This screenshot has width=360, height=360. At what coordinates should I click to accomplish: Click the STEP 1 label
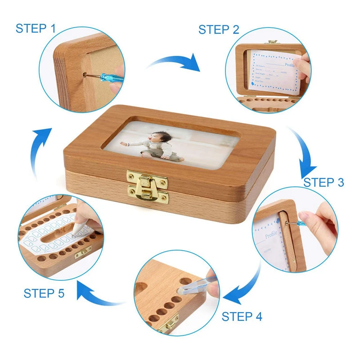click(x=36, y=28)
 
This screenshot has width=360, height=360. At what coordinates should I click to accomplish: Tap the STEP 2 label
click(x=219, y=30)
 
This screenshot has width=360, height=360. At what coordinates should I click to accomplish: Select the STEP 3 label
click(x=323, y=182)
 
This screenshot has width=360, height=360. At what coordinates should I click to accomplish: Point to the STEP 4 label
click(x=242, y=316)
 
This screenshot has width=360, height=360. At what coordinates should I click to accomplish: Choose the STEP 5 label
click(x=44, y=293)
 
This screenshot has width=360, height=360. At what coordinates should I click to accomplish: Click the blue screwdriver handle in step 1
click(x=112, y=72)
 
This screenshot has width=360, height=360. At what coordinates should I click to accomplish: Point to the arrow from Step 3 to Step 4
click(x=245, y=288)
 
